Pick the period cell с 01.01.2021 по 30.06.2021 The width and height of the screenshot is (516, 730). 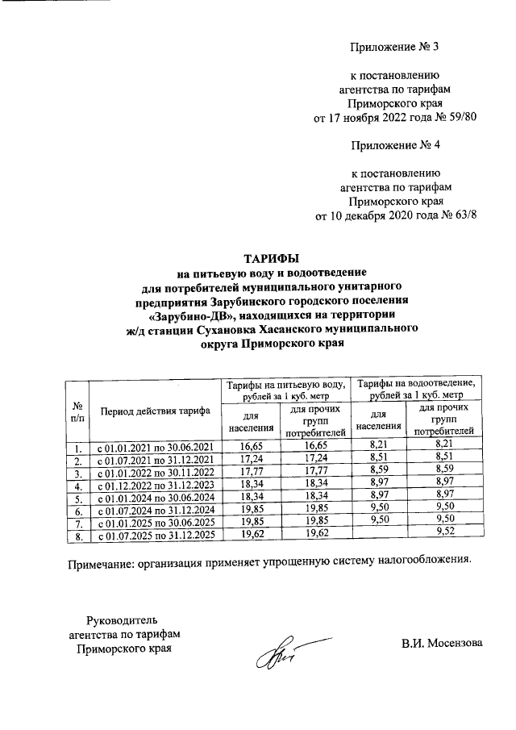[x=155, y=447]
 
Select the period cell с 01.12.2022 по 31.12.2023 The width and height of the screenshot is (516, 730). [x=155, y=486]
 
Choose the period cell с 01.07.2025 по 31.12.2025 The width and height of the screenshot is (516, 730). [x=155, y=535]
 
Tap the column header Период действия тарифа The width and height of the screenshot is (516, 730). [x=155, y=411]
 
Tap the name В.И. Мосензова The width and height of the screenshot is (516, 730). [x=443, y=643]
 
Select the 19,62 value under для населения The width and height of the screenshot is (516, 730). [x=243, y=533]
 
